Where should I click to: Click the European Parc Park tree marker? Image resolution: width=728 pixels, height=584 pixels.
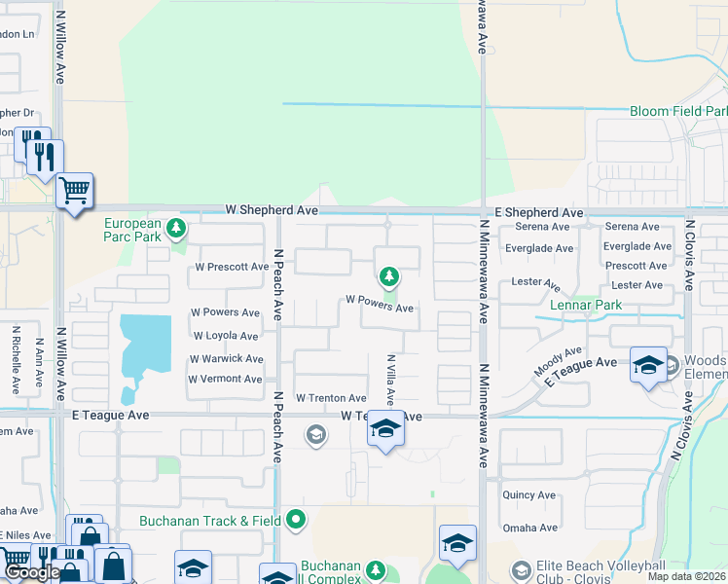(176, 230)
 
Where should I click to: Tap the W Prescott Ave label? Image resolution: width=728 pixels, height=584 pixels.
(232, 267)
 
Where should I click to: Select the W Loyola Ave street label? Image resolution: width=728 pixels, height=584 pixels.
(225, 336)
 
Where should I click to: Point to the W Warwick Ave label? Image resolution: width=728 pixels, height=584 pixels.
(226, 359)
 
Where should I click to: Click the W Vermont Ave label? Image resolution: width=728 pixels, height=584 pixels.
(225, 379)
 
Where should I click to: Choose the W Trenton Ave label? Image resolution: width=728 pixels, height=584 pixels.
(331, 398)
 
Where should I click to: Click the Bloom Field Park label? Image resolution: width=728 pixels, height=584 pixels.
(677, 112)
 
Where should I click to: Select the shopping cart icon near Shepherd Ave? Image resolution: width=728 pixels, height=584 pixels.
(74, 189)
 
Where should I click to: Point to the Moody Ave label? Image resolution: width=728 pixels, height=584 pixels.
(559, 362)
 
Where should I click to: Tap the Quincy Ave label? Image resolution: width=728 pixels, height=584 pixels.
(529, 495)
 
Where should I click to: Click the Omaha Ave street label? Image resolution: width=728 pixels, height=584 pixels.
(530, 529)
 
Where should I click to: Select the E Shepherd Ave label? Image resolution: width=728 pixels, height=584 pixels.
(538, 212)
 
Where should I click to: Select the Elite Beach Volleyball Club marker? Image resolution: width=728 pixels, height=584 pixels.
(522, 570)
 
